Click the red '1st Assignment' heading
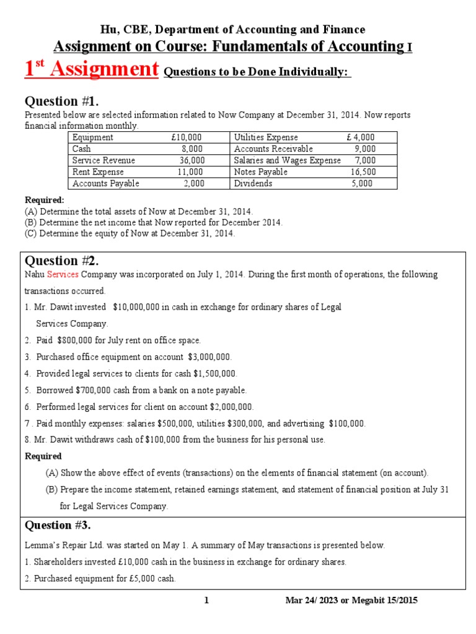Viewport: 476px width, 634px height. tap(92, 69)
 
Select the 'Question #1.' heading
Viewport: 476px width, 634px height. tap(61, 102)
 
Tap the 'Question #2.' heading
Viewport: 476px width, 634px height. tap(61, 260)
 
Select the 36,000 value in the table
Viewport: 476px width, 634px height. tap(192, 160)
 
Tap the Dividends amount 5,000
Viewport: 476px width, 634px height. tap(362, 184)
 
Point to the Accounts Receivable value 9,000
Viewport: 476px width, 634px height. tap(364, 149)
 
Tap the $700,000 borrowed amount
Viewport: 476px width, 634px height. tap(99, 391)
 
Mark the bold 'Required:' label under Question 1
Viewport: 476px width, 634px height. tap(44, 201)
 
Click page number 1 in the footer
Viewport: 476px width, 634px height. tap(206, 601)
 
